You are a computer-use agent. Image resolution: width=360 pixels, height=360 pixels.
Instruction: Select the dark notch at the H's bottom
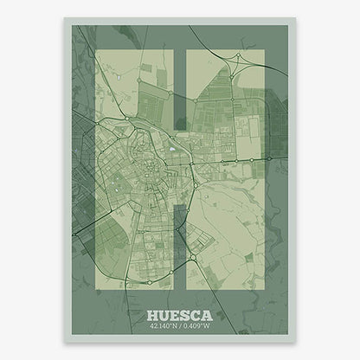[x=179, y=251]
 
